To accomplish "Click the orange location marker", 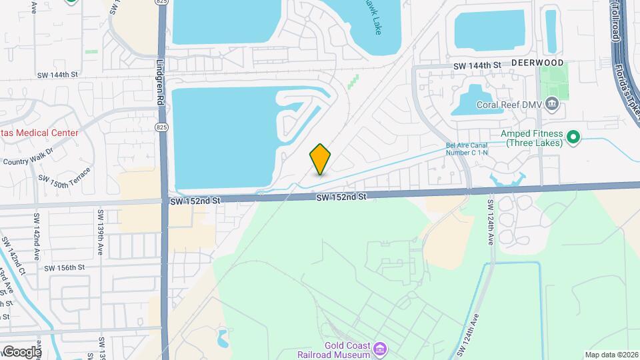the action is (320, 159).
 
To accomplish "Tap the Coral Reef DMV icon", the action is (551, 103).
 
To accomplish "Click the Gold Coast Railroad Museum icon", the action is (379, 349).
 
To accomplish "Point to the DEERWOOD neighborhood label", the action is (537, 63).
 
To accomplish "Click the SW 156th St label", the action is (65, 267).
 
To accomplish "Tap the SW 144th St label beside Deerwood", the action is (477, 65).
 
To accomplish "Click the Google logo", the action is (22, 351).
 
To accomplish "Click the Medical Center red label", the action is (39, 133).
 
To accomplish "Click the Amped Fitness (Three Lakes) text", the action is (534, 139).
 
